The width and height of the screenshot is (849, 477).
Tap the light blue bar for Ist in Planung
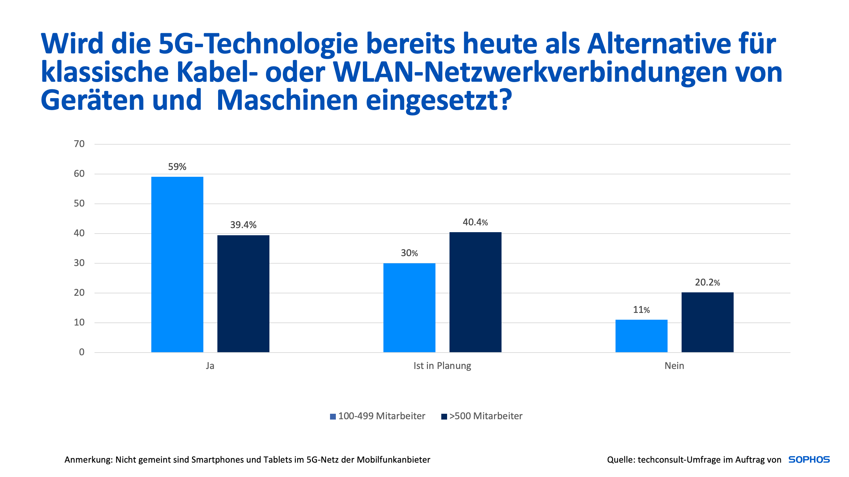coord(409,307)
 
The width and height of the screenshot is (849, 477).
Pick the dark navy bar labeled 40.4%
coord(475,292)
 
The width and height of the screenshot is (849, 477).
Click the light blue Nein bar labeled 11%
coord(641,336)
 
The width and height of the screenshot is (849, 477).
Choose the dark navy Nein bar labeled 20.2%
coord(707,322)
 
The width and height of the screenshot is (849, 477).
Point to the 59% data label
coord(177,167)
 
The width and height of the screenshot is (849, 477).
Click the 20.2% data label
coord(707,282)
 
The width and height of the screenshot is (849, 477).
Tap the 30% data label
coord(409,253)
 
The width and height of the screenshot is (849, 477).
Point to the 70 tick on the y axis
coord(79,144)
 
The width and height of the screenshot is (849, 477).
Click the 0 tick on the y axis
coord(81,352)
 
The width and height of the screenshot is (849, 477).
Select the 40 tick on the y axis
coord(79,233)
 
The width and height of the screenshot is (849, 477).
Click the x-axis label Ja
coord(210,366)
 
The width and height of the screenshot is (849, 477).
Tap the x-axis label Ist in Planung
coord(442,366)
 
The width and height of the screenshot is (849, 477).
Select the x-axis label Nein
coord(674,366)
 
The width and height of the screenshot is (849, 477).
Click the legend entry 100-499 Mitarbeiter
coord(381,416)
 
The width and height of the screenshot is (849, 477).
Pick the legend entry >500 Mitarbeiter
coord(485,416)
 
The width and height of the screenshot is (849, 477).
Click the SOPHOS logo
coord(809,460)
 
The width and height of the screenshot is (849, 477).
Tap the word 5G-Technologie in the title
coord(258,44)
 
